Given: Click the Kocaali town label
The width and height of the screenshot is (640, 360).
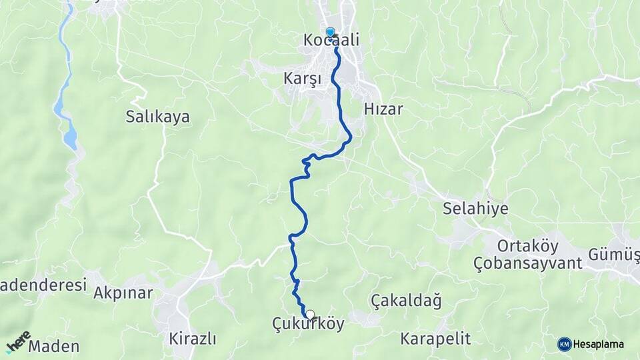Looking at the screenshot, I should click(x=331, y=41).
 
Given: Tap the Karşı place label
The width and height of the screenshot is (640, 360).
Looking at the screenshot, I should click(x=303, y=79).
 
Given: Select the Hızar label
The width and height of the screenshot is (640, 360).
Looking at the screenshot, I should click(x=384, y=109).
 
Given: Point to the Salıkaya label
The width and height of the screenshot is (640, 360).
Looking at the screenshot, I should click(x=157, y=117).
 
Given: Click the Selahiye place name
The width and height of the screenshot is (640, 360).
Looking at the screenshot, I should click(x=475, y=209).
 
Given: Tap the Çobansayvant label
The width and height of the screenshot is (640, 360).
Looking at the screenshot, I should click(x=528, y=263).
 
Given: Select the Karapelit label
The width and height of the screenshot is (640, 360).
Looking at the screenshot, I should click(x=435, y=338).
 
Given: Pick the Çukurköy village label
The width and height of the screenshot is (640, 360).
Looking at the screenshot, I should click(x=309, y=324).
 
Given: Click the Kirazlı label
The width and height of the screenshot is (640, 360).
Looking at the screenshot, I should click(x=193, y=338).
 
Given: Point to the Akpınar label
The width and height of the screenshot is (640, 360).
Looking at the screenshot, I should click(x=123, y=292).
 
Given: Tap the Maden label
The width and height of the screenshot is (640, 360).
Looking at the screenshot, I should click(x=54, y=346).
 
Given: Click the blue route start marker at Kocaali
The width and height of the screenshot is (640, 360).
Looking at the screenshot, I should click(x=330, y=32).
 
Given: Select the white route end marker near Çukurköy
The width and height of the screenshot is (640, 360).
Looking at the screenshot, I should click(x=310, y=314).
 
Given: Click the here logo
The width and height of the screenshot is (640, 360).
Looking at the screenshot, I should click(x=18, y=342).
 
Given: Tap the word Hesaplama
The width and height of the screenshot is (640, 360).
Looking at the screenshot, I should click(x=599, y=344).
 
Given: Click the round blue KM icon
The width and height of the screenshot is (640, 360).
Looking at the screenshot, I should click(x=564, y=344).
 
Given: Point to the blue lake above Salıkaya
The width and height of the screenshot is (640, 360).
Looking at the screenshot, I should click(x=69, y=137).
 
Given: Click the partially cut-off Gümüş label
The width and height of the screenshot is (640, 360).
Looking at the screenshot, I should click(x=613, y=254).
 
